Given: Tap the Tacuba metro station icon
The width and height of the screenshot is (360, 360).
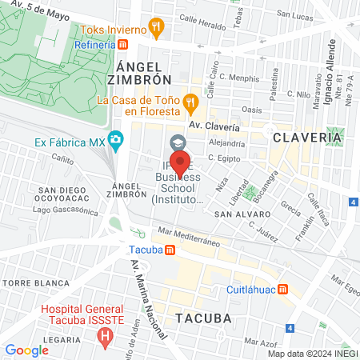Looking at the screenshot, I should point(170,249).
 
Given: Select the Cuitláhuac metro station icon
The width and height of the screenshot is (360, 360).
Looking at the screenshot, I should point(283,290).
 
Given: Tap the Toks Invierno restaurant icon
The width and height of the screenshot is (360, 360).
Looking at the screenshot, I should point(157,28).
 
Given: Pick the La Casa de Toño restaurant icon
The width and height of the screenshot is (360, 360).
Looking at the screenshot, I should point(190,101).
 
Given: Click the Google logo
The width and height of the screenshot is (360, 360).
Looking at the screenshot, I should point(26,350).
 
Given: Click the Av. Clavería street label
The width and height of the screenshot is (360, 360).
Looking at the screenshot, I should point(214,126).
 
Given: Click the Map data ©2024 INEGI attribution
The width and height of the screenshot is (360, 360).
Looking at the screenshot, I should point(312,353).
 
